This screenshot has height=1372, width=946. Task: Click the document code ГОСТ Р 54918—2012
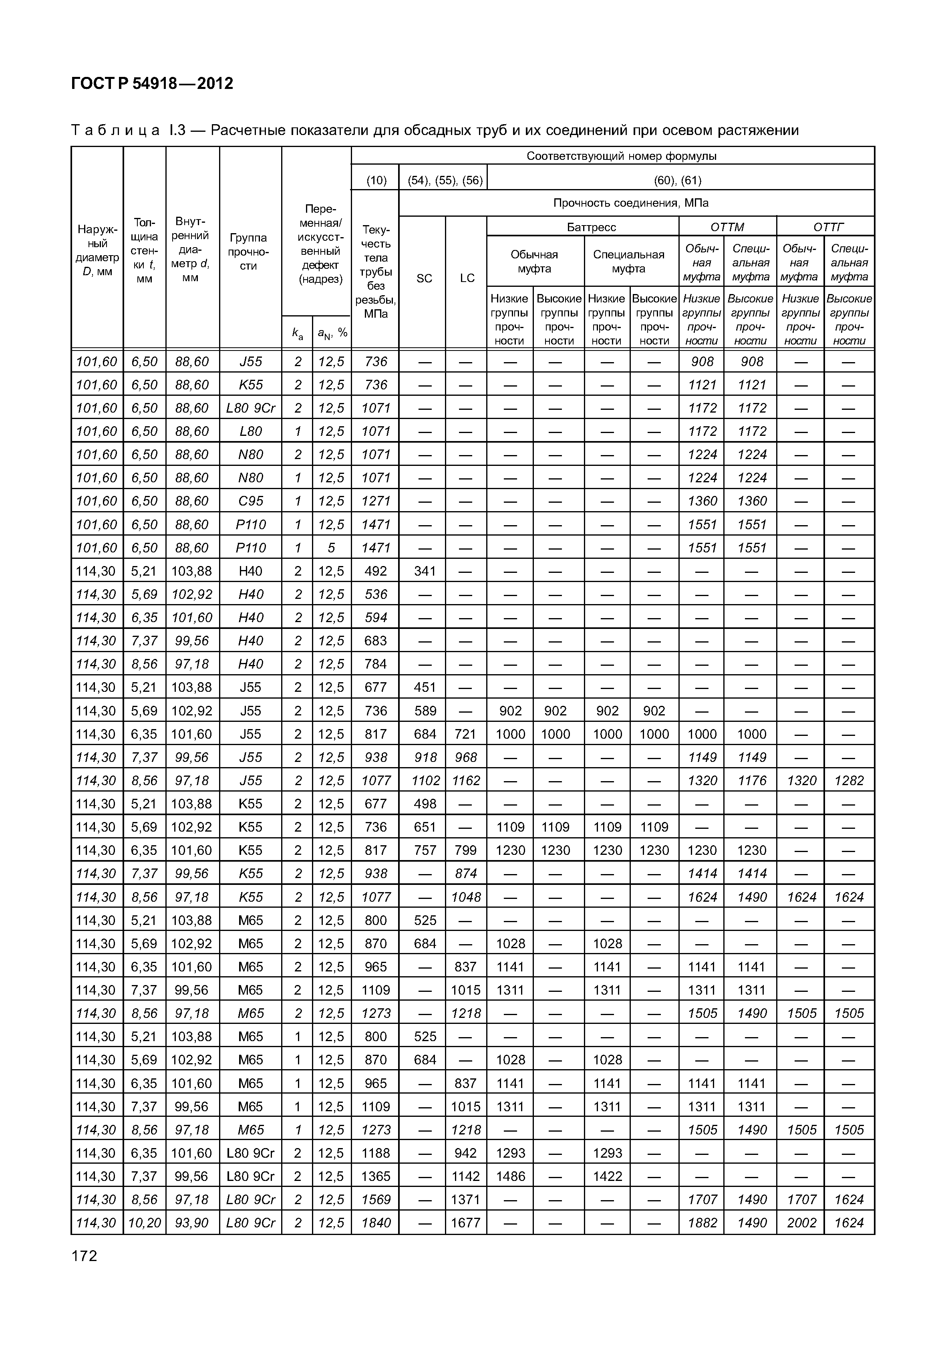click(152, 84)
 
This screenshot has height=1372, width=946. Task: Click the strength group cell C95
click(250, 501)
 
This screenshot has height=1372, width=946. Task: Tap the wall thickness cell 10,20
click(144, 1223)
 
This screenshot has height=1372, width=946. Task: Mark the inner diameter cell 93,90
click(192, 1223)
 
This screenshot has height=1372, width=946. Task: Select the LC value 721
click(465, 734)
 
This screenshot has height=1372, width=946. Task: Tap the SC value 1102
click(425, 780)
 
